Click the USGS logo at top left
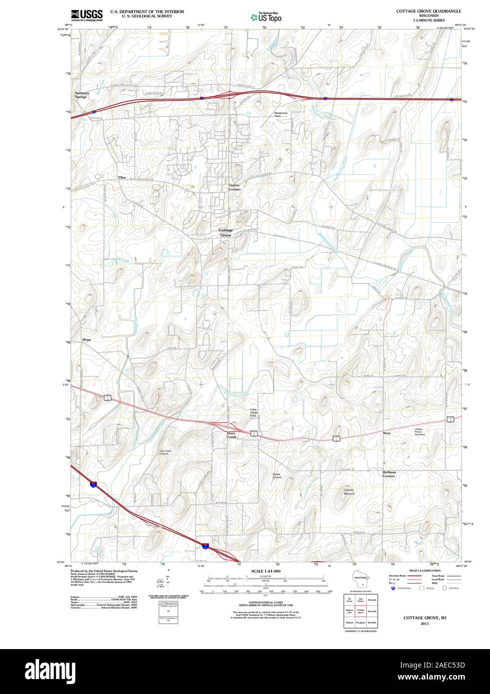(87, 14)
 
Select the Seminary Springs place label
(82, 95)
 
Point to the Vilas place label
(122, 177)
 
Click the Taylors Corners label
(235, 187)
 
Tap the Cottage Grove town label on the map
(225, 232)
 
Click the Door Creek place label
(232, 435)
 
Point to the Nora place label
(387, 433)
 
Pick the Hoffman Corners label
(389, 474)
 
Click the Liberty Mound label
(349, 492)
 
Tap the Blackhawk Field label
(281, 114)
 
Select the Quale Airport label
(277, 475)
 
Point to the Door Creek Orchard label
(165, 452)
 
